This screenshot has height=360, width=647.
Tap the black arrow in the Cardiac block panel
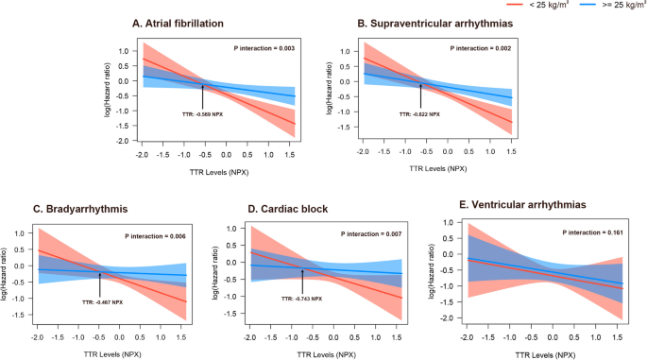click(303, 280)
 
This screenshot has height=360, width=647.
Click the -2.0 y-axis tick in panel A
click(123, 140)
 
